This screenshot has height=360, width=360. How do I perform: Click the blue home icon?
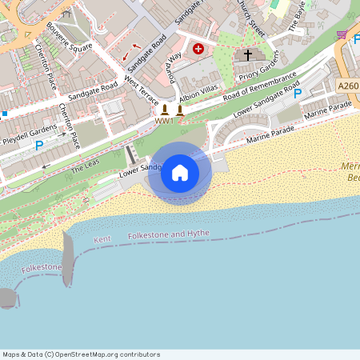180,173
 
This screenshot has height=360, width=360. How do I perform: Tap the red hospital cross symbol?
198,50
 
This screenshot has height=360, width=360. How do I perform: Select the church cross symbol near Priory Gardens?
248,55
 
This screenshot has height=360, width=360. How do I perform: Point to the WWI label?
164,122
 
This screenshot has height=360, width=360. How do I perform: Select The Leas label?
82,168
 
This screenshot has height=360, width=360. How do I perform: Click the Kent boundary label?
102,239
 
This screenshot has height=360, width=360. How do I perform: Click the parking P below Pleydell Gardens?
38,146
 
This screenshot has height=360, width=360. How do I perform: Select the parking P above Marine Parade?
298,94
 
